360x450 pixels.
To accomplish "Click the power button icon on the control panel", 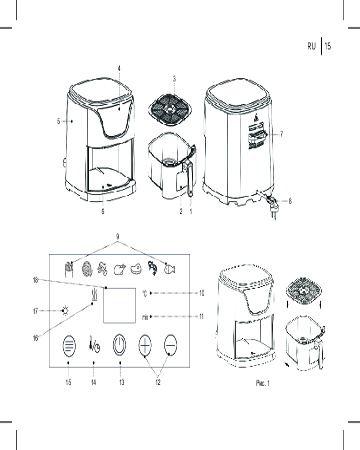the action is point(119,345).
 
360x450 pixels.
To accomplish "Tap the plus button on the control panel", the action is point(145,345).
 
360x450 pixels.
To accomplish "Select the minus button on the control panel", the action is point(171,345).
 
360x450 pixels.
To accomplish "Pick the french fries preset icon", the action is point(69,269).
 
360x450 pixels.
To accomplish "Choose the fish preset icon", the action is point(169,269).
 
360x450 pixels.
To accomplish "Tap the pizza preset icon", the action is point(87,269).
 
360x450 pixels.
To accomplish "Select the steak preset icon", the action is point(136,269).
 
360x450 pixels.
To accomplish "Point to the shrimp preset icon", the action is point(153,268).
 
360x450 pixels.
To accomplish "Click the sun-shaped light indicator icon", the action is point(65,311).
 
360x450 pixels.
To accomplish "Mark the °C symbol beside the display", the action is point(144,293).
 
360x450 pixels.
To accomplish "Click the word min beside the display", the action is point(145,317).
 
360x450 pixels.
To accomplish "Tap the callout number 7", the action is point(281,134).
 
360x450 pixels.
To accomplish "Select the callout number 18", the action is point(35,280).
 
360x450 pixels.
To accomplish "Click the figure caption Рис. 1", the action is point(263,383).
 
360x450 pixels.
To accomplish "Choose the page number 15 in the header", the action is point(328,46).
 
